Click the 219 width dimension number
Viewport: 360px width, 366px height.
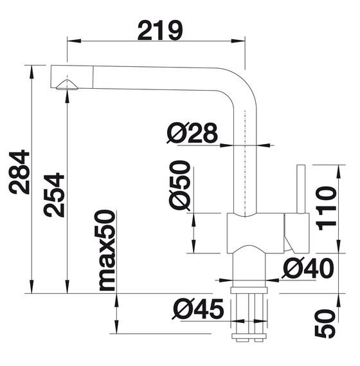[x=160, y=31]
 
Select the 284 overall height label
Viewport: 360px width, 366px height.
[x=19, y=172]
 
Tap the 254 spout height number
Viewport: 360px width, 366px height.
[x=54, y=195]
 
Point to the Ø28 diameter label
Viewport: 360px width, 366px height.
[x=192, y=133]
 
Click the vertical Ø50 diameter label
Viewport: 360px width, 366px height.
[x=179, y=186]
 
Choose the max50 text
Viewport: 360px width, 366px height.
[x=105, y=250]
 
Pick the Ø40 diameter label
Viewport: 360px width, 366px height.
[x=308, y=268]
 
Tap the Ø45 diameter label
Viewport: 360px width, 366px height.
[x=198, y=309]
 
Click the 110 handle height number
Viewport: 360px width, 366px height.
[x=326, y=208]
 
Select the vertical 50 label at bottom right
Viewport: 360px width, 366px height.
[x=325, y=324]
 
